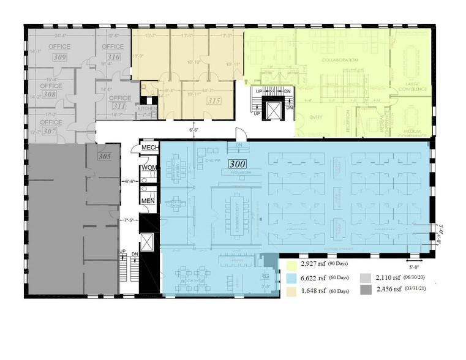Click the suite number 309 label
click(x=59, y=57)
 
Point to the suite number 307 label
click(x=49, y=131)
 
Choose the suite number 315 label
click(x=214, y=100)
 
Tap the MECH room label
click(x=150, y=148)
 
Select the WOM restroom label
click(x=149, y=167)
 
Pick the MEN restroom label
click(x=149, y=200)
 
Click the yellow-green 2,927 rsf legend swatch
click(x=291, y=264)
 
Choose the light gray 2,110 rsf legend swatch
click(x=366, y=277)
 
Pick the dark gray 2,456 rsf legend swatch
click(x=366, y=289)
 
